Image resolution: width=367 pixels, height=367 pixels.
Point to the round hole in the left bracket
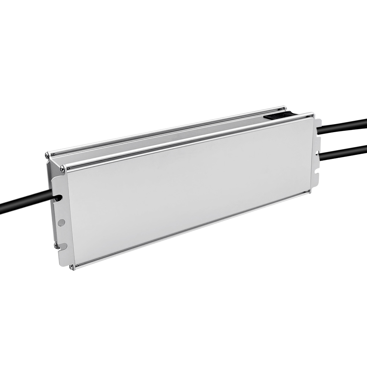tap(61, 222)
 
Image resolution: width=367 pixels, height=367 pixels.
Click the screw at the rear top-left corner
tap(47, 156)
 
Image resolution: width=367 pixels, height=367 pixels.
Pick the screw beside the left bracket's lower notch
tap(56, 245)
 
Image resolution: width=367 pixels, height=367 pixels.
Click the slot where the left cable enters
tap(58, 198)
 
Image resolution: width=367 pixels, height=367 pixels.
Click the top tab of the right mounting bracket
tap(318, 123)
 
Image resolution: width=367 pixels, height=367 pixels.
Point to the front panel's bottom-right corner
tap(309, 191)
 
